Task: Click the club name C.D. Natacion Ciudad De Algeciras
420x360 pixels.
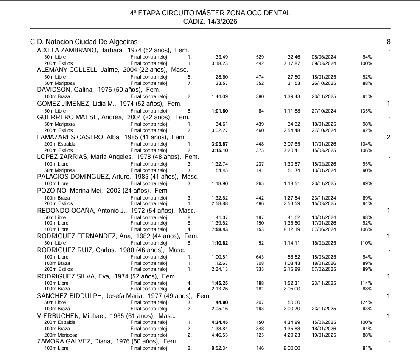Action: pyautogui.click(x=84, y=42)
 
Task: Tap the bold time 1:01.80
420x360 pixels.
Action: pyautogui.click(x=220, y=111)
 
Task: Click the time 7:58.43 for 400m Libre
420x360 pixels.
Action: pyautogui.click(x=220, y=229)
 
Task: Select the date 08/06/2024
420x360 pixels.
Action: pyautogui.click(x=324, y=57)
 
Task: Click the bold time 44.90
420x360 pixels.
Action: pyautogui.click(x=222, y=302)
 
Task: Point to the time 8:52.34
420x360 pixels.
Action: pyautogui.click(x=220, y=349)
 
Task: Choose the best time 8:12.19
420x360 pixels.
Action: pyautogui.click(x=292, y=229)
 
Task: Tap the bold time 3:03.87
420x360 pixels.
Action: pyautogui.click(x=220, y=144)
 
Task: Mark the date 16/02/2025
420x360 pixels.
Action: pyautogui.click(x=324, y=243)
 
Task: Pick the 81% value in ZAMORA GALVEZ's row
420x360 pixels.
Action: pyautogui.click(x=367, y=349)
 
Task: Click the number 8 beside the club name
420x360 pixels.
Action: pyautogui.click(x=389, y=42)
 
